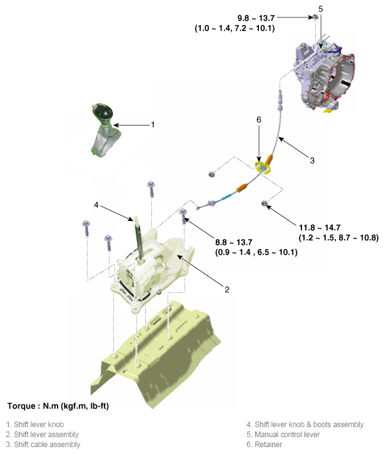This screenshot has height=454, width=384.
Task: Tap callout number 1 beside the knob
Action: (x=153, y=125)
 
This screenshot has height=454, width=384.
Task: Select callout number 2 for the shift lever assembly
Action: (x=227, y=289)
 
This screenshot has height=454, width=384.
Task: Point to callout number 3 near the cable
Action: (x=312, y=160)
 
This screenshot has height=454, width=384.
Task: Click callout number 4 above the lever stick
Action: (x=96, y=205)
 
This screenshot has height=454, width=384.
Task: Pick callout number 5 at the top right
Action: (x=320, y=9)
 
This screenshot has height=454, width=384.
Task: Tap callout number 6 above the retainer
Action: (x=259, y=119)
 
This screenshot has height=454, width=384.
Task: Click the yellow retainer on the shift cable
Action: (x=263, y=167)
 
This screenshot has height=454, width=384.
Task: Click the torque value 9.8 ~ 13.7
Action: (x=256, y=18)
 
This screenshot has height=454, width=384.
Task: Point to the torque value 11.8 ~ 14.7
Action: (x=320, y=227)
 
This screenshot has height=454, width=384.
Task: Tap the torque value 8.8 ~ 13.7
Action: (x=234, y=242)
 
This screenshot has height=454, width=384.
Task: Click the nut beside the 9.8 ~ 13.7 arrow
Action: (x=316, y=17)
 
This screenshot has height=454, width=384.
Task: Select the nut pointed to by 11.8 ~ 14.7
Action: (x=264, y=203)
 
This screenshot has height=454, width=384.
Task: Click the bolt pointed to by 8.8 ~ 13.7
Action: (x=183, y=215)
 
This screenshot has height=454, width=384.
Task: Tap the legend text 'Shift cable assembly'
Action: (x=47, y=445)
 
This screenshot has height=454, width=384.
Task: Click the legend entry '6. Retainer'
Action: (x=264, y=445)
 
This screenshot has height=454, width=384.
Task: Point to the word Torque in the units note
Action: (x=21, y=406)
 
